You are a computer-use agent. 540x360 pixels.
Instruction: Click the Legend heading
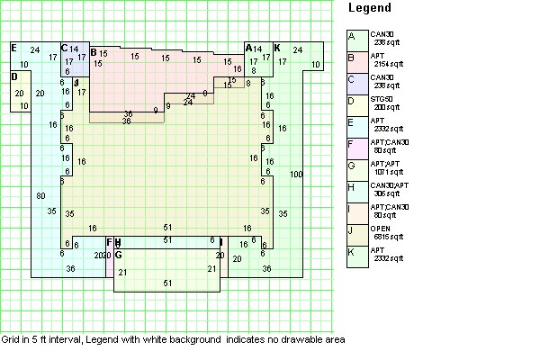369,8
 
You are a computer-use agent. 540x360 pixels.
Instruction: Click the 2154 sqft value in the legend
388,64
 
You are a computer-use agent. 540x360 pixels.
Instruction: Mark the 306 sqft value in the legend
388,193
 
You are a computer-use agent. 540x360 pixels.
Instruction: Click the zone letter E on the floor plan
13,47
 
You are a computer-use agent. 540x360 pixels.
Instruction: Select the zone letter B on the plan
94,53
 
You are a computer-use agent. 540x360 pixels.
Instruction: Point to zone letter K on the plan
276,47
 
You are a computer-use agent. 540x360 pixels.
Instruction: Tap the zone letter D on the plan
14,76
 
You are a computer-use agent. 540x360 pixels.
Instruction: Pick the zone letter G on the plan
118,256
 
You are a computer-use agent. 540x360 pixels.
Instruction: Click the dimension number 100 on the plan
297,173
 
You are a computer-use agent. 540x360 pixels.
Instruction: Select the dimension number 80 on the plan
40,195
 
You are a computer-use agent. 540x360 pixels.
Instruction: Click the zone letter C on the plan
65,48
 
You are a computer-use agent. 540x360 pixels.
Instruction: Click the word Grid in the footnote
10,340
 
